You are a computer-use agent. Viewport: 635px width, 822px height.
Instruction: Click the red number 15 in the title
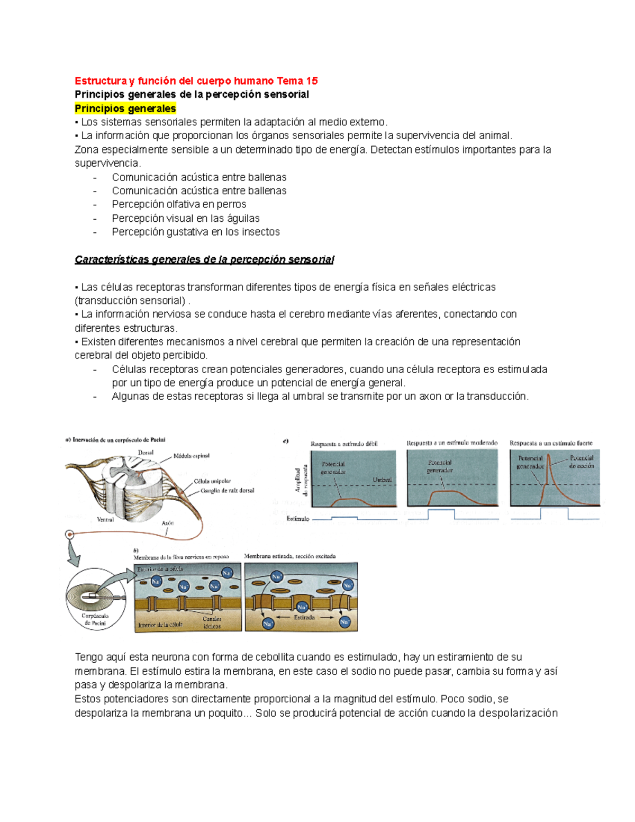(312, 81)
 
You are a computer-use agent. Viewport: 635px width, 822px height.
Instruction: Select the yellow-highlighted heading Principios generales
(125, 109)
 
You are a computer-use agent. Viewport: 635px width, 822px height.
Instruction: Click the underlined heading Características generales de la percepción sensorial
(204, 259)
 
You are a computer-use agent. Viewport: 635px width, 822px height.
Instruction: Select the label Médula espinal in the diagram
(192, 456)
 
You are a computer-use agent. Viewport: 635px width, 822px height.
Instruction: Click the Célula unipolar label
(212, 481)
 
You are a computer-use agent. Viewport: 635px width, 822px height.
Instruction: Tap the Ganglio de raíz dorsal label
(227, 491)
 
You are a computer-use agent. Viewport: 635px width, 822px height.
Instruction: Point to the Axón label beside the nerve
(168, 522)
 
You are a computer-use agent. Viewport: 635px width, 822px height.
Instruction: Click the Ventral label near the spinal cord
(105, 519)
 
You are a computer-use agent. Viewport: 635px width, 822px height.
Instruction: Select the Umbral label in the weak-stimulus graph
(382, 480)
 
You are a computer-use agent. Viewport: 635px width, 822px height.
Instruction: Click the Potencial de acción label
(582, 462)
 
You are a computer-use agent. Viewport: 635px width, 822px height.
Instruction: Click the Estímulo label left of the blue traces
(298, 519)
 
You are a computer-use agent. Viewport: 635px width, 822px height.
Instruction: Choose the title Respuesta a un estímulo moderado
(452, 442)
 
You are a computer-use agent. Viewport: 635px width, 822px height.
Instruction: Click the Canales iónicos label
(212, 622)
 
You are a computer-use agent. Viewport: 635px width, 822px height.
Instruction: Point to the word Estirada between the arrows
(304, 617)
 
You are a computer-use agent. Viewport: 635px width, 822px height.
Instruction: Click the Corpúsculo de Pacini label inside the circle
(95, 620)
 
